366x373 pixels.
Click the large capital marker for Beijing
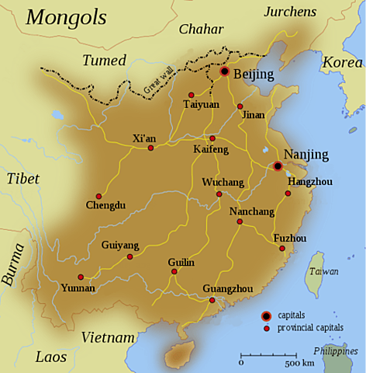224,71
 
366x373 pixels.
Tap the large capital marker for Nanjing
278,166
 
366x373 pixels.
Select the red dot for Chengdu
98,196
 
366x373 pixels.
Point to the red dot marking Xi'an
150,148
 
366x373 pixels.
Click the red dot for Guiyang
129,256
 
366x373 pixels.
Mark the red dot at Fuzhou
282,249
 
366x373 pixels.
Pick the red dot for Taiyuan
191,95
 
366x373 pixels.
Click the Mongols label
67,17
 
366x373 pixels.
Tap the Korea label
342,61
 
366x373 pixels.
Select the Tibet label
22,179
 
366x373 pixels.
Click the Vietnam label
109,337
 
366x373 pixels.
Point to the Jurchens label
291,11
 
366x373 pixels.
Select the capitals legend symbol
266,315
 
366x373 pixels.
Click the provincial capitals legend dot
266,329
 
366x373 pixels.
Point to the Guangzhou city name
227,289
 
